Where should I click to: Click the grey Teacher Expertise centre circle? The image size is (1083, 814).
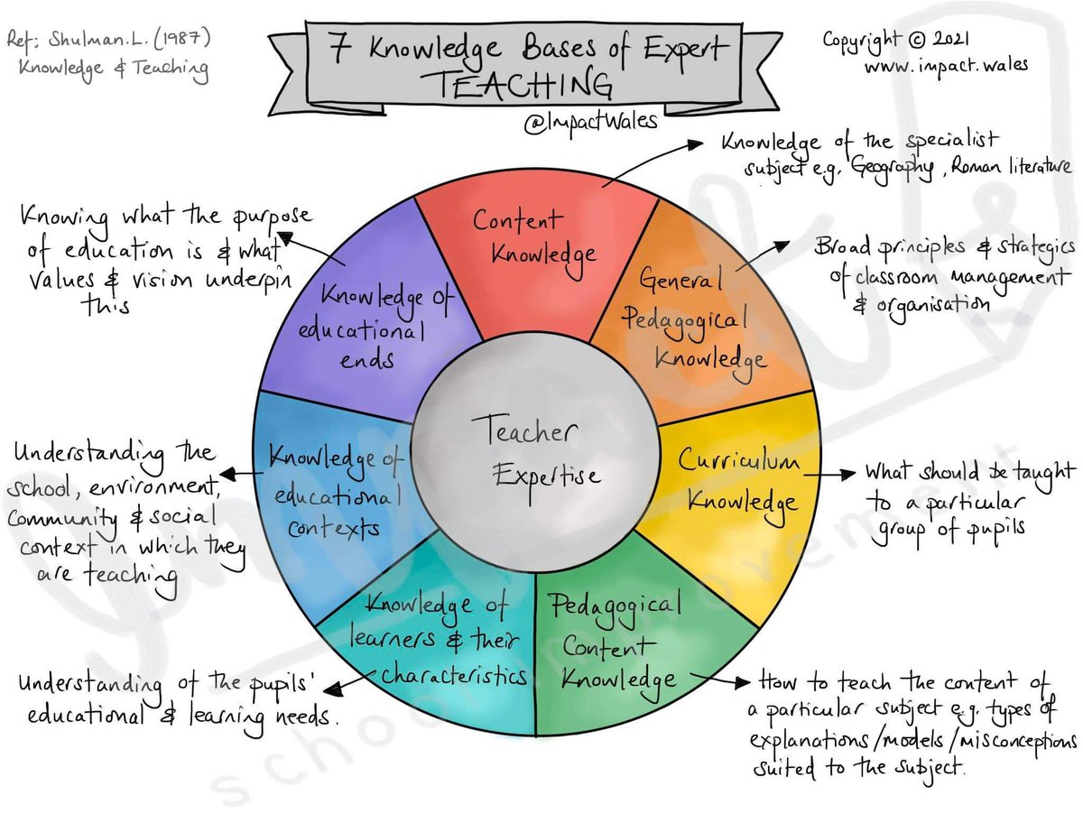pyautogui.click(x=536, y=451)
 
